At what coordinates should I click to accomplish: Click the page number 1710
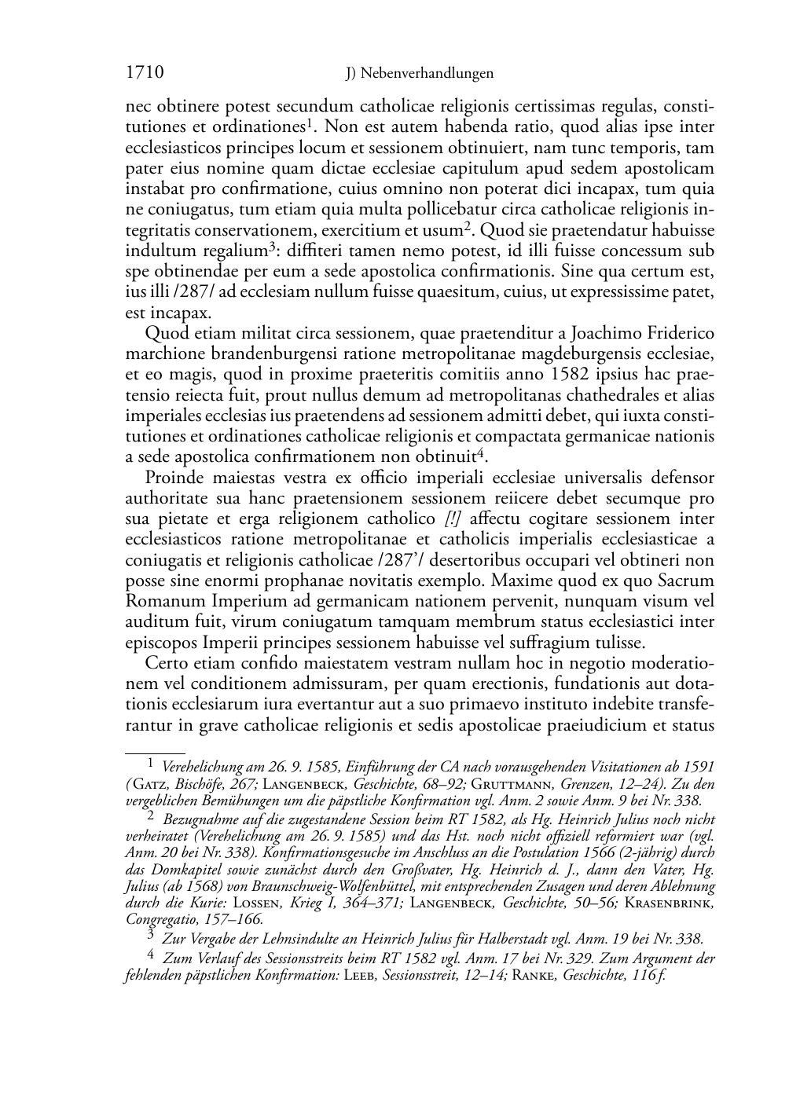click(145, 73)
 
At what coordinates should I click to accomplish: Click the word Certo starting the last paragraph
click(165, 664)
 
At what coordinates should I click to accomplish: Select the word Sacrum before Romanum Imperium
click(689, 581)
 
